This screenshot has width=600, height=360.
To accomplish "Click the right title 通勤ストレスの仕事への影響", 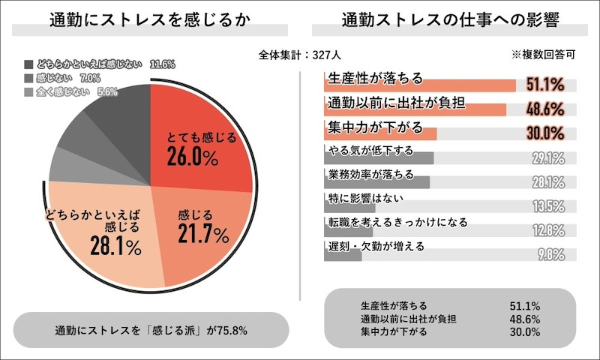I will (449, 20).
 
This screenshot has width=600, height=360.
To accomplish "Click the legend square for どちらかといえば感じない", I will (28, 65).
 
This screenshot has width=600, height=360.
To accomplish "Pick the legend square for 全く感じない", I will (28, 92).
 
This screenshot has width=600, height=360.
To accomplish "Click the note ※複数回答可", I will (543, 55).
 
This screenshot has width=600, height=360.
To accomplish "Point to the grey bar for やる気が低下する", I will (379, 159).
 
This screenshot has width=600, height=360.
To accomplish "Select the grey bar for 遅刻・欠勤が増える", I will (343, 255).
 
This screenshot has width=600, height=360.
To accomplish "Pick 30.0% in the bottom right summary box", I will (524, 331).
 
